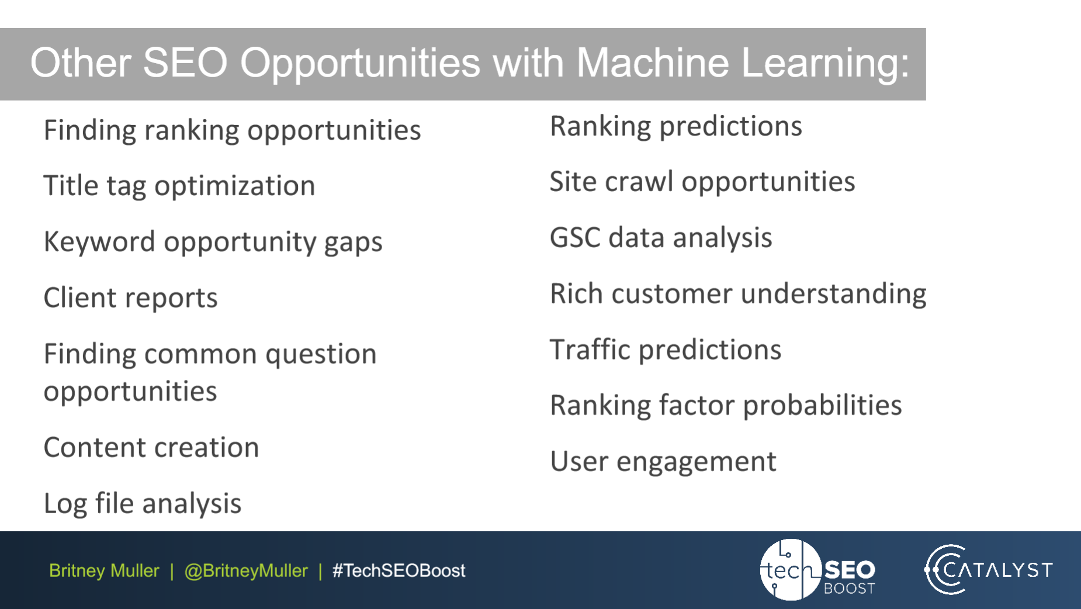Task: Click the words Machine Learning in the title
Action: point(742,63)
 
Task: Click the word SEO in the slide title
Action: point(185,63)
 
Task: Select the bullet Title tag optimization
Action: point(179,186)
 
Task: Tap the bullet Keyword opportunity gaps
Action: point(213,242)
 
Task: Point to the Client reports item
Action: point(130,298)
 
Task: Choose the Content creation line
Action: point(151,448)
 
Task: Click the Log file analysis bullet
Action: point(142,504)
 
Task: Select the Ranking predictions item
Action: point(675,126)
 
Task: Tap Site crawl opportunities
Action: point(702,182)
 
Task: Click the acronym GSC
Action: point(574,238)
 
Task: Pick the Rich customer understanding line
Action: point(737,294)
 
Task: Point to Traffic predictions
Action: point(665,350)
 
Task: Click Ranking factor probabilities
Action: point(726,406)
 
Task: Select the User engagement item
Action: point(663,462)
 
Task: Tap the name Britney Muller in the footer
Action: point(104,570)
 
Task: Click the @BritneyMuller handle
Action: point(245,570)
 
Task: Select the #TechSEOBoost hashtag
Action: point(399,570)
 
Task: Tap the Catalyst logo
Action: point(989,570)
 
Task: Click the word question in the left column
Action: point(320,355)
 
